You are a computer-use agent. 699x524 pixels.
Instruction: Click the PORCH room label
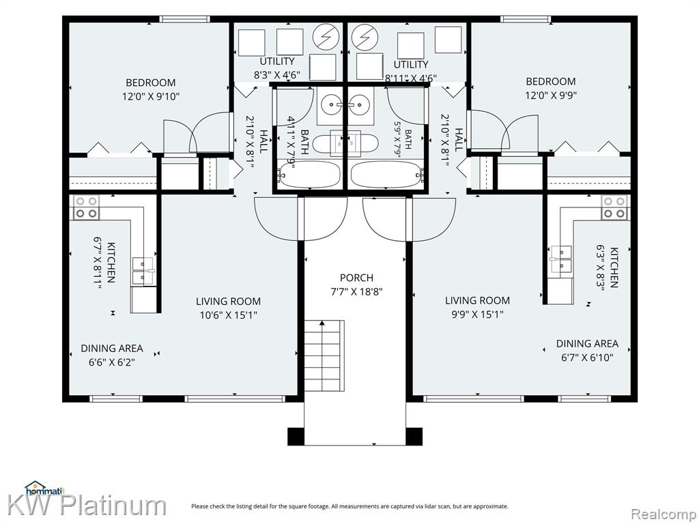click(356, 278)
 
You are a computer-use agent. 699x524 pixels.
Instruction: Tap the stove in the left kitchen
click(87, 207)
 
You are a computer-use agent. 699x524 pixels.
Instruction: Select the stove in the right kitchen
click(614, 207)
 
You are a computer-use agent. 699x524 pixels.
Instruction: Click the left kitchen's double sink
click(143, 271)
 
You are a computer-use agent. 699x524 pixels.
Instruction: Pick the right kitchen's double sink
click(561, 259)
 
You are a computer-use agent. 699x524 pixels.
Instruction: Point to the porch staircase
click(324, 355)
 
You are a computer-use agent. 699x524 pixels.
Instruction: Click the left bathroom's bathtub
click(309, 175)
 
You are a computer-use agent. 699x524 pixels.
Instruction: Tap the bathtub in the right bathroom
click(386, 175)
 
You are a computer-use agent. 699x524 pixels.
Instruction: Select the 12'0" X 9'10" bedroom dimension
click(151, 96)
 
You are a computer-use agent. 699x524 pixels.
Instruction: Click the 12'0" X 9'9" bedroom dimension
click(551, 95)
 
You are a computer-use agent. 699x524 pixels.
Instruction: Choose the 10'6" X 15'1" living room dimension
click(228, 315)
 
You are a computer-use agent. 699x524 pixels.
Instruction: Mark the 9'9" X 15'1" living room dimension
click(477, 315)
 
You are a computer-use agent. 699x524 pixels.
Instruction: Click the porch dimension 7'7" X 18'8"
click(356, 292)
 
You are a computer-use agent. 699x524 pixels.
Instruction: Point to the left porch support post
click(296, 437)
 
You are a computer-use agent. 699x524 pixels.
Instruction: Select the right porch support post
click(414, 437)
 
